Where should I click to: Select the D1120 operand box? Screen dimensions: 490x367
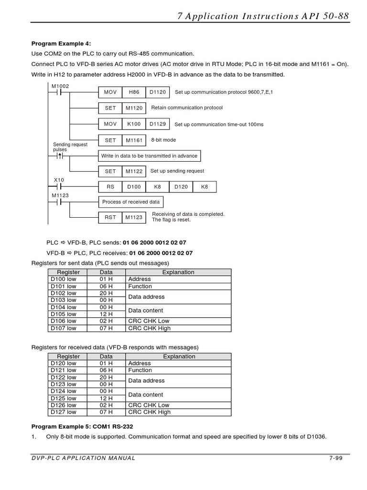coord(157,92)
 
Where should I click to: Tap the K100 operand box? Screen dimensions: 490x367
coord(134,124)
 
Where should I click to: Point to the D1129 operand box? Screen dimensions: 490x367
coord(157,124)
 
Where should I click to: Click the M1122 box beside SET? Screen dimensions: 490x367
coord(134,171)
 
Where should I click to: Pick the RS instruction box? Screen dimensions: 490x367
coord(110,187)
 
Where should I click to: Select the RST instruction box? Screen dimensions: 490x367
coord(110,217)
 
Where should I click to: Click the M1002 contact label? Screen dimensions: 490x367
coord(60,86)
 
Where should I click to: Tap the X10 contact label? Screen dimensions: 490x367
coord(58,180)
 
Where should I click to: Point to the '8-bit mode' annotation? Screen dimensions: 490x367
coord(163,140)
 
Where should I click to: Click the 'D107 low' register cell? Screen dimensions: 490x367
coord(64,328)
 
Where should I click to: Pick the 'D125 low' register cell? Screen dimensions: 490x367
coord(64,398)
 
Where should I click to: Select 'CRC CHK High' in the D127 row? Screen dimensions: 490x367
coord(149,412)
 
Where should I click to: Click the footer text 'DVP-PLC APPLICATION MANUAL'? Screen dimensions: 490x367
coord(83,458)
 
